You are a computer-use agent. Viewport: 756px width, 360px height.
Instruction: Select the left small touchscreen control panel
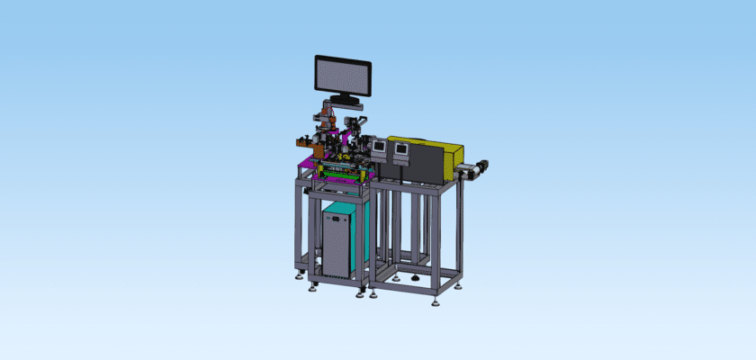click(380, 147)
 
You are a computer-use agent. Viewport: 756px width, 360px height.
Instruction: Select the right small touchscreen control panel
click(401, 148)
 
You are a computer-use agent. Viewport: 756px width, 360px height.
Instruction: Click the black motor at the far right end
click(482, 166)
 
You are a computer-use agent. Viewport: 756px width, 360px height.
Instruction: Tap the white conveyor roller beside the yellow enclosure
click(463, 171)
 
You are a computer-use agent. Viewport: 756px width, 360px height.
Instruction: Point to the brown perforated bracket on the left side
click(303, 139)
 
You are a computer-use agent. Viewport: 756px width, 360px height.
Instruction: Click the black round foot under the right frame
click(414, 278)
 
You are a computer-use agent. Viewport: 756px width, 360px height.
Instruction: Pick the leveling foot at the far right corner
click(459, 287)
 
